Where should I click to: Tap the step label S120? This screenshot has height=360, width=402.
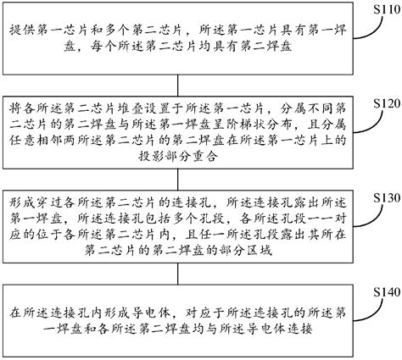tap(379, 102)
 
